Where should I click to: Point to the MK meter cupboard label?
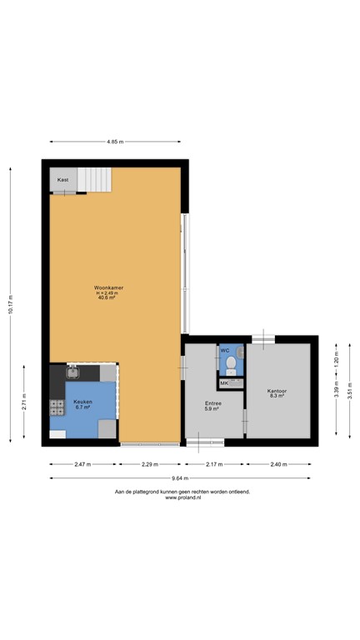[x=224, y=382]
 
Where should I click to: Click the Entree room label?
[x=212, y=403]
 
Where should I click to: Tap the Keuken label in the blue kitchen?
[x=82, y=402]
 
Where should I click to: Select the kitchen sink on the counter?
[x=72, y=372]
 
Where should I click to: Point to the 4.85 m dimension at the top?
[x=115, y=142]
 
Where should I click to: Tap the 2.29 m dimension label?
[x=151, y=463]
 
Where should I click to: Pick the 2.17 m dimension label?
[x=215, y=463]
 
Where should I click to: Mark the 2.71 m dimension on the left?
[x=24, y=402]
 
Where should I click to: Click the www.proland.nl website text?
[x=182, y=498]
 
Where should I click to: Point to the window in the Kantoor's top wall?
[x=263, y=337]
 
